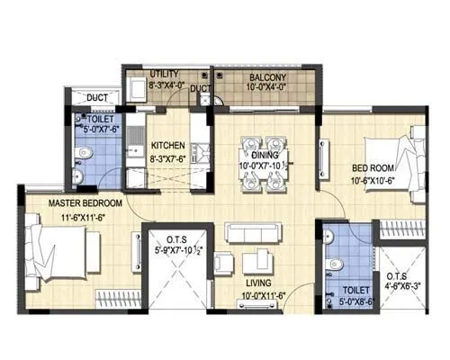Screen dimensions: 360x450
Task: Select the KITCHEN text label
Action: click(x=168, y=145)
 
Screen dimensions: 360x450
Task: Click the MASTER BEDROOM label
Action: click(x=60, y=202)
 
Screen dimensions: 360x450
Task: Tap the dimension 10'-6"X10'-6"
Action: click(x=373, y=179)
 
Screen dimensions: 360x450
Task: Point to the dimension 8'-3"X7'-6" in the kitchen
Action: click(x=169, y=157)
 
